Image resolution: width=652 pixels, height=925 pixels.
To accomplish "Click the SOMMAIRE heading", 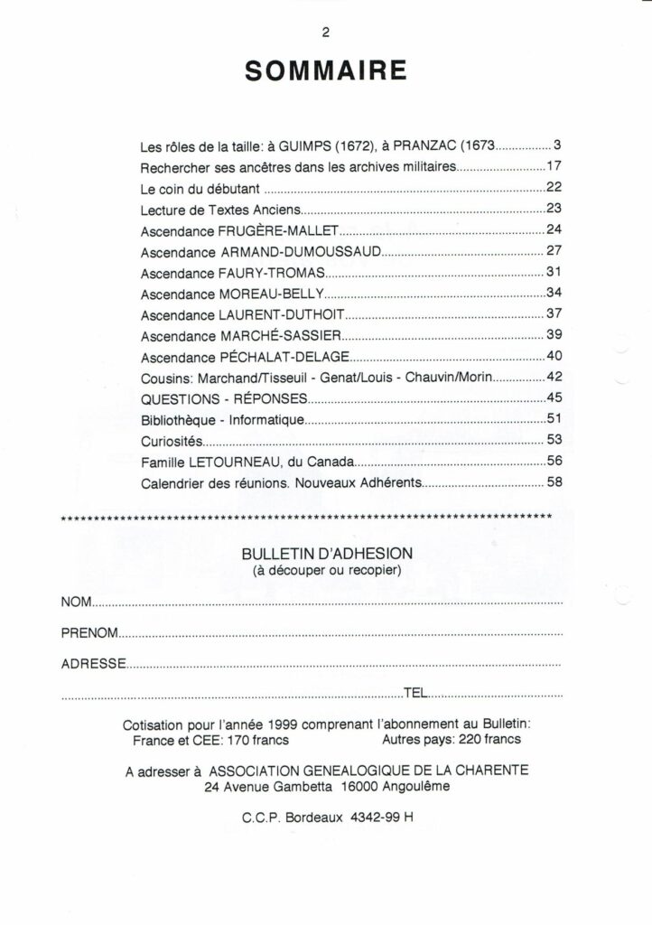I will pos(325,71).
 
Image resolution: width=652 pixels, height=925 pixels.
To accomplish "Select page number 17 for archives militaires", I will pos(554,167).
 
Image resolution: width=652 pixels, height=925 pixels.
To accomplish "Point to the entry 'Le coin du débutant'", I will pos(200,189).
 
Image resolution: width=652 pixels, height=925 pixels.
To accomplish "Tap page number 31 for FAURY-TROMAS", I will pos(554,272).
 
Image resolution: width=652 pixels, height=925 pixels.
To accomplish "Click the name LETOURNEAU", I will pos(234,462).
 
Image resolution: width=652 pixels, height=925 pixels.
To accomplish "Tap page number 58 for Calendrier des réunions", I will pos(554,483).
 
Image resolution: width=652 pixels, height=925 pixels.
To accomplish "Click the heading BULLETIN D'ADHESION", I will pos(327,553).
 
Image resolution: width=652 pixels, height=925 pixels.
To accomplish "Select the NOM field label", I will pos(76,602).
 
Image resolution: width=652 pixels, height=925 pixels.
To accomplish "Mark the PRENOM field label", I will pos(89,633).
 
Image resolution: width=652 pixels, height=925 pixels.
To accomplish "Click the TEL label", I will pos(414,693).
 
